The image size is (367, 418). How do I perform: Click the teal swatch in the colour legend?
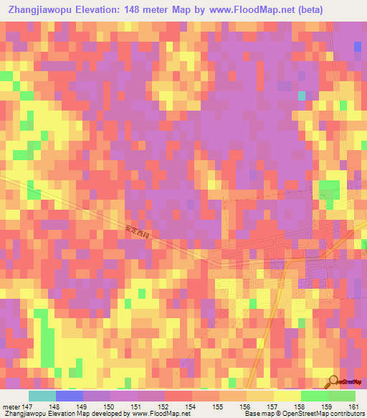[42, 396]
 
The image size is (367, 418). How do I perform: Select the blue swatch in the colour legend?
[70, 396]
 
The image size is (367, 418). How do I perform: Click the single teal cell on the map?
[302, 96]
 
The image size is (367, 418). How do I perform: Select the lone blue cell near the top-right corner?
[358, 46]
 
